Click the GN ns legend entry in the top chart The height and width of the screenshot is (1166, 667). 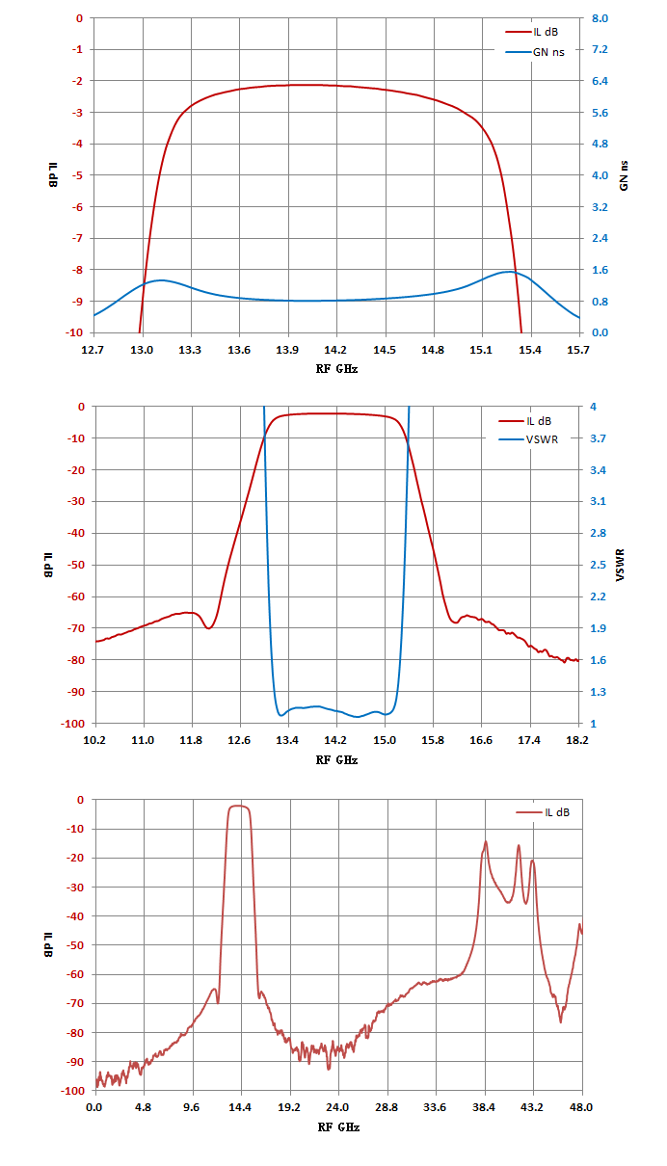(x=535, y=52)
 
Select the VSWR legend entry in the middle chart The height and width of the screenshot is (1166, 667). (x=528, y=439)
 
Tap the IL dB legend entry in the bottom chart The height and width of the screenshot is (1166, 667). (x=543, y=812)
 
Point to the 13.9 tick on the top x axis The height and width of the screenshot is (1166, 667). (x=287, y=350)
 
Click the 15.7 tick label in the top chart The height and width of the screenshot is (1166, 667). (x=578, y=350)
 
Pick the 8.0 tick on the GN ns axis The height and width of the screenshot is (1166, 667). (x=600, y=18)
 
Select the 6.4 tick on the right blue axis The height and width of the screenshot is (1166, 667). (x=600, y=81)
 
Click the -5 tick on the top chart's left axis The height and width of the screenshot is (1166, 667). (x=77, y=175)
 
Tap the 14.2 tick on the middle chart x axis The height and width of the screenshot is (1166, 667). (x=335, y=740)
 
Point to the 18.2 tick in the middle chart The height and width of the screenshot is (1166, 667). (x=577, y=740)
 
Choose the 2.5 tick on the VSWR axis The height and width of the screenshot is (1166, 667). (x=599, y=565)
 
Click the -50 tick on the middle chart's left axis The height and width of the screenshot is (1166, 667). (x=75, y=565)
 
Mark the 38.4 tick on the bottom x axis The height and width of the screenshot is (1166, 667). (x=484, y=1107)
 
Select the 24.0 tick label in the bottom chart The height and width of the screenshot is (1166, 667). (x=337, y=1107)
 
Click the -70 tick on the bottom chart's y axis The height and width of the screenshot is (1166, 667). (x=75, y=1003)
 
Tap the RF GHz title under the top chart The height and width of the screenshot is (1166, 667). (x=337, y=369)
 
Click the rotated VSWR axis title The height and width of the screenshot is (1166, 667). (x=620, y=565)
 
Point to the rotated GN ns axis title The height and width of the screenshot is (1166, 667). (x=624, y=175)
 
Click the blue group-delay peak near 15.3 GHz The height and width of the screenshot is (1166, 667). (x=510, y=271)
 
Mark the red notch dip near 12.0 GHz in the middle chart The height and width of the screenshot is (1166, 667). (x=209, y=628)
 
